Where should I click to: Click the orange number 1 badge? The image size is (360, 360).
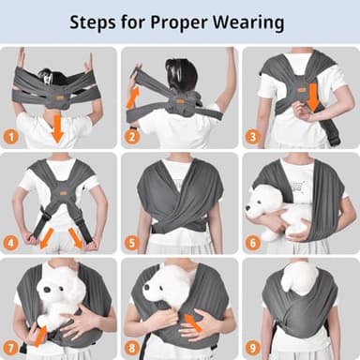click(12, 137)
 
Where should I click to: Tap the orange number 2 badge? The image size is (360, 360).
click(132, 137)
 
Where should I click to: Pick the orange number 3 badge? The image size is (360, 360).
click(252, 137)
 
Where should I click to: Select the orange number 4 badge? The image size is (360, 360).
click(12, 243)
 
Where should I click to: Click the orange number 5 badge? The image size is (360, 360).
click(132, 243)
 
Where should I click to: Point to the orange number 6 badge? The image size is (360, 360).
click(252, 243)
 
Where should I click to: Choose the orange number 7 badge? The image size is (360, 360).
click(12, 348)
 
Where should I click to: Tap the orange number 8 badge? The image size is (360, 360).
click(132, 348)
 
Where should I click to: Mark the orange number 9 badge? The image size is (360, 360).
click(252, 348)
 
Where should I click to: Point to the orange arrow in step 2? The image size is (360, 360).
click(134, 94)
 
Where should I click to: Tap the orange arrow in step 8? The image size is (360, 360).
click(193, 323)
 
